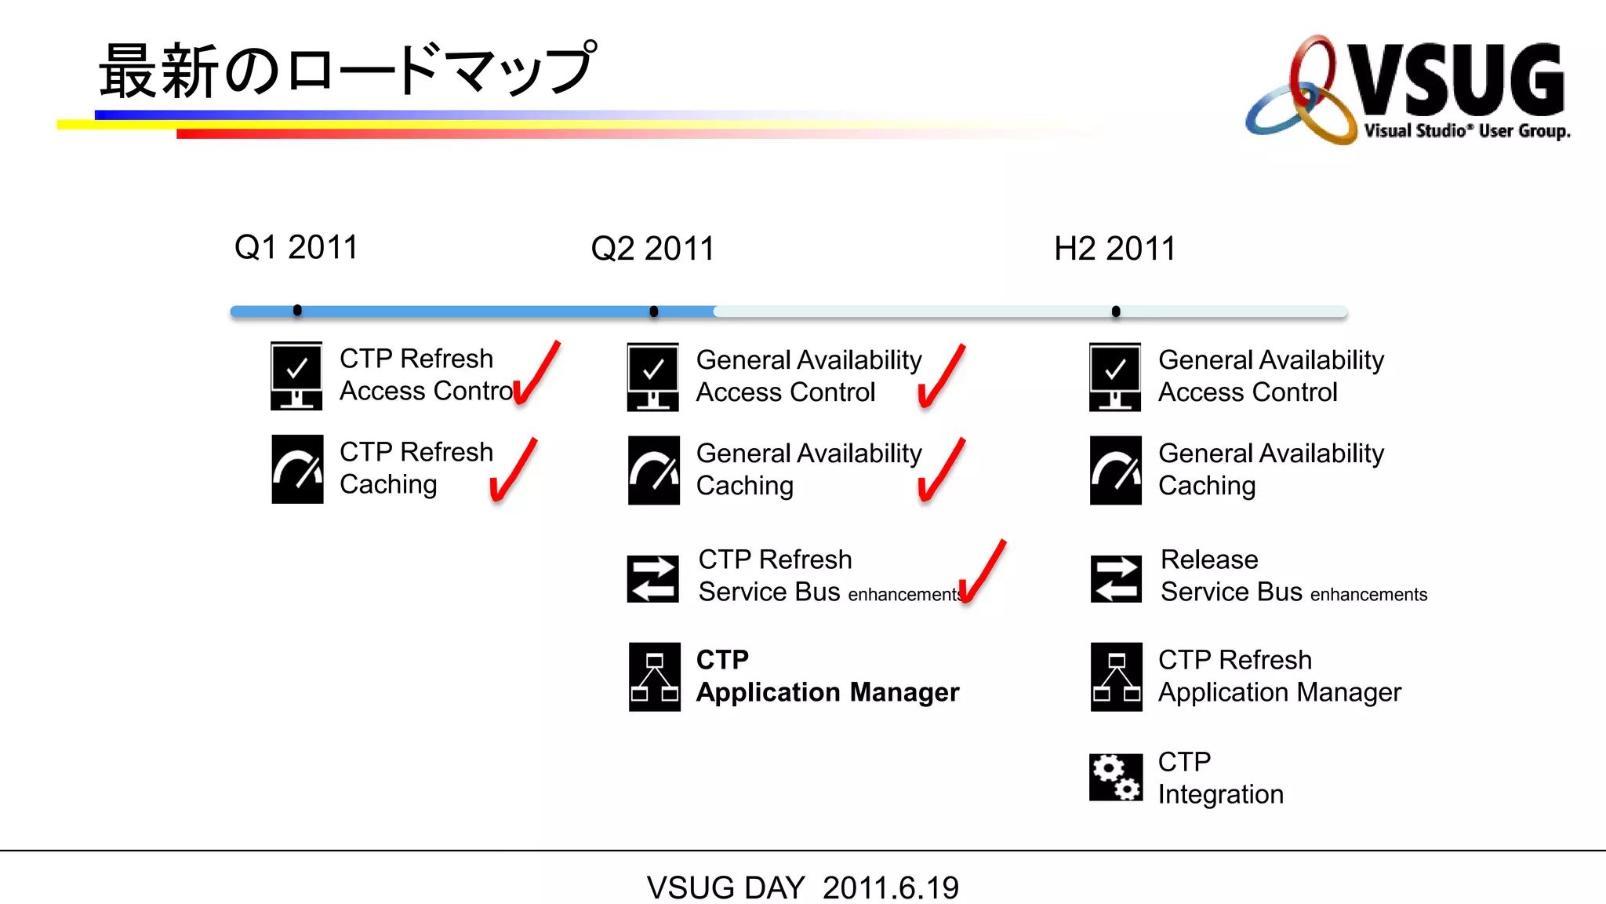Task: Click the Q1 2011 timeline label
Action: pos(296,248)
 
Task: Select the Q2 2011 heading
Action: pos(652,250)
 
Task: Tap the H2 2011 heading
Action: pos(1114,250)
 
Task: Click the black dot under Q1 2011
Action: pos(297,311)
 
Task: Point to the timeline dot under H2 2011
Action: pos(1116,312)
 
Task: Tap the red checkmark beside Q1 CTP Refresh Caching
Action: pos(513,471)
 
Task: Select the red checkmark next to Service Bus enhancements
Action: pos(981,573)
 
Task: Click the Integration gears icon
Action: pos(1115,777)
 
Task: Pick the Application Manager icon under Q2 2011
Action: pos(654,676)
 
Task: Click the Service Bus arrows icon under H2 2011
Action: pos(1116,578)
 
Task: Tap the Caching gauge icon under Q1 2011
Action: pos(297,469)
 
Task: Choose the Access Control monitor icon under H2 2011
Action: pos(1115,377)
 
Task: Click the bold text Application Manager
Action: pos(827,692)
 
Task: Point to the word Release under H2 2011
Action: pos(1209,560)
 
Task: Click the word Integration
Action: pos(1220,794)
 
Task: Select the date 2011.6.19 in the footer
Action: pos(890,888)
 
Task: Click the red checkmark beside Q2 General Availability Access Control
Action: pos(940,377)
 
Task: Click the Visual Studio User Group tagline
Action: pos(1466,131)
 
